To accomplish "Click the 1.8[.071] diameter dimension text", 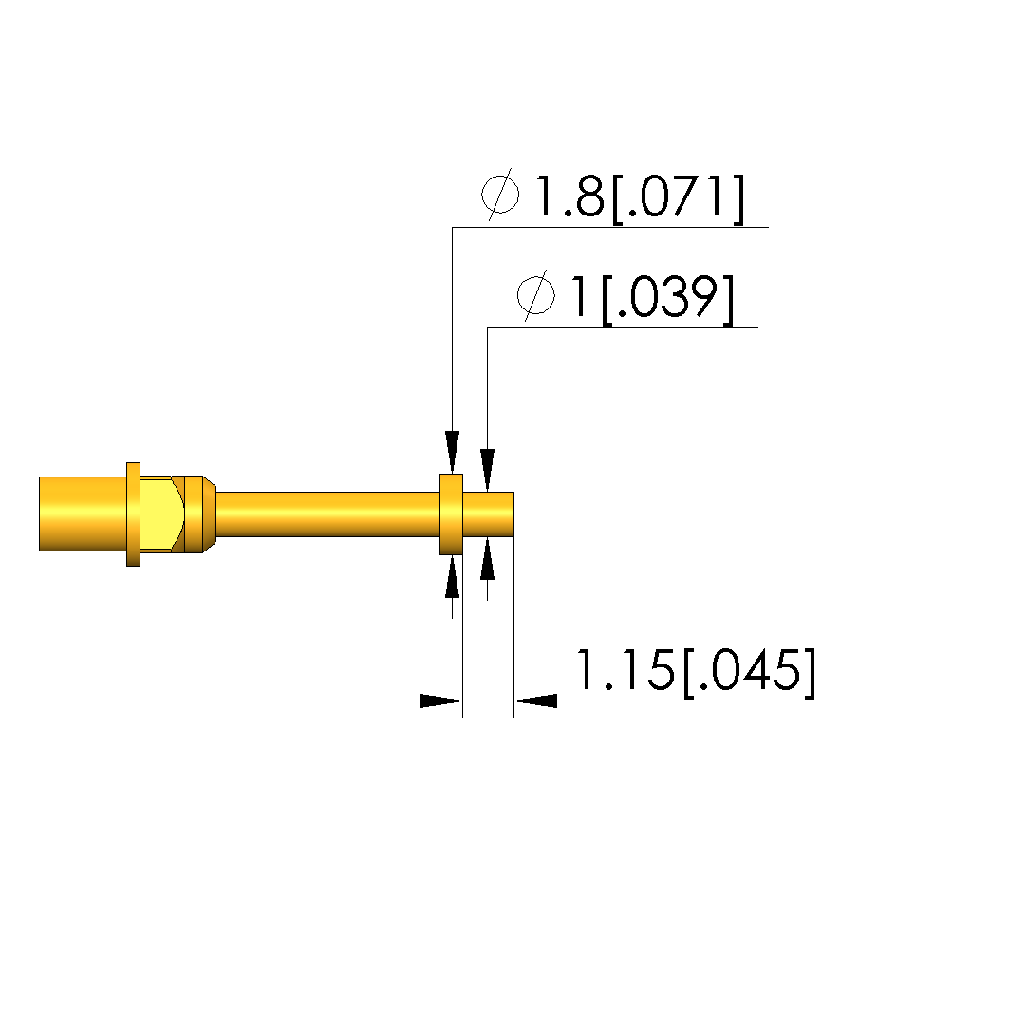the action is click(x=641, y=196).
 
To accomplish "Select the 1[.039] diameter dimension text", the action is click(x=653, y=298).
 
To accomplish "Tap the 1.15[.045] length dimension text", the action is click(x=696, y=671).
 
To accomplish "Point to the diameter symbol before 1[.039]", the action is click(x=536, y=296).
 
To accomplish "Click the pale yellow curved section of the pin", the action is click(x=160, y=514).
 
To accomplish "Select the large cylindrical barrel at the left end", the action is click(x=83, y=514).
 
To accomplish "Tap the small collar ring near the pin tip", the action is click(x=451, y=514).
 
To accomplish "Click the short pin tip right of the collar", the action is click(x=488, y=514).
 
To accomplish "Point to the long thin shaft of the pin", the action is click(x=327, y=514).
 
